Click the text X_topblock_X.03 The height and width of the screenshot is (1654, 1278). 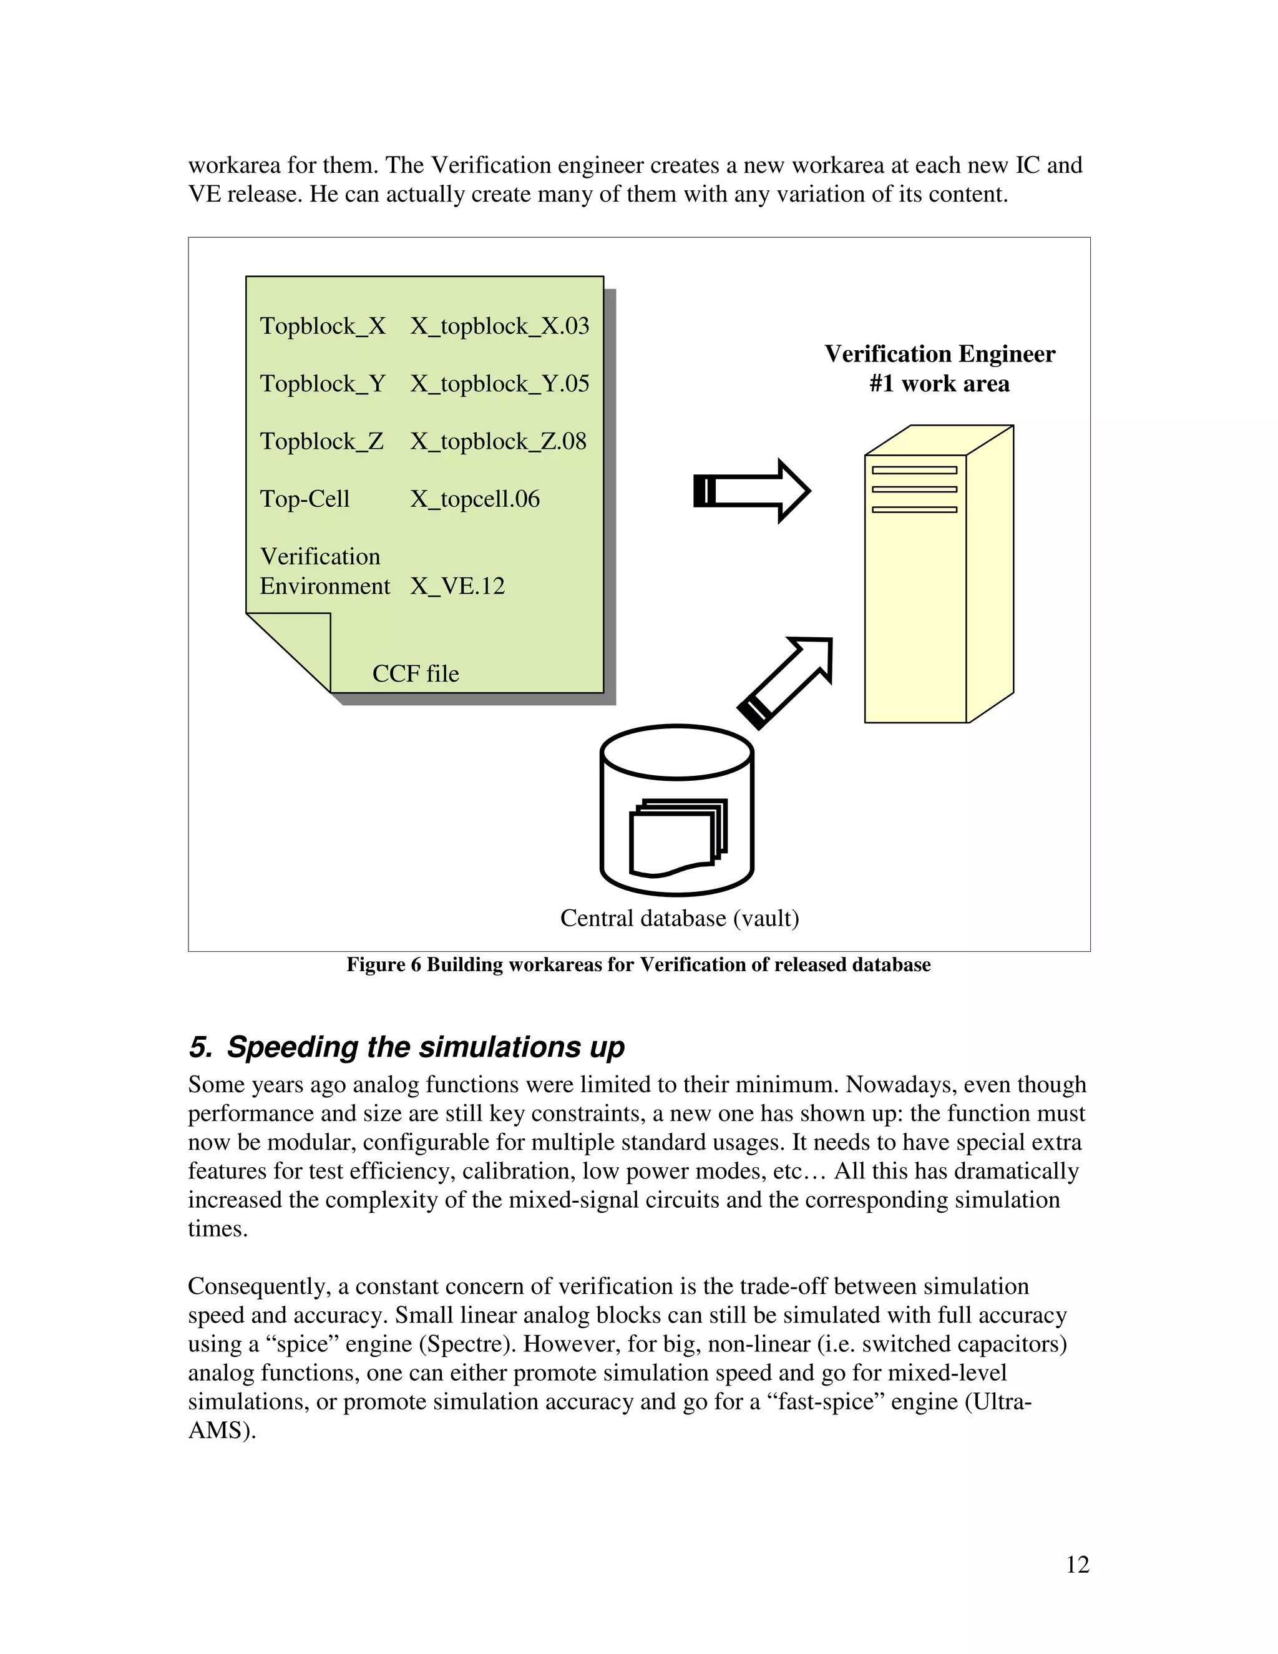click(x=500, y=326)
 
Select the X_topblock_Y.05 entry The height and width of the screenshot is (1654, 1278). click(x=500, y=384)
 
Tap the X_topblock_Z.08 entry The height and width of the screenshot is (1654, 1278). click(x=498, y=441)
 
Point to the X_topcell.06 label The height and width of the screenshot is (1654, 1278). click(x=475, y=499)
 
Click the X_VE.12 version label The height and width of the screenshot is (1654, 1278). click(x=457, y=586)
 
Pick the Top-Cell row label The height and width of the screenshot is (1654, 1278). click(x=305, y=499)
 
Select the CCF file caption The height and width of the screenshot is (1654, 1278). click(x=416, y=674)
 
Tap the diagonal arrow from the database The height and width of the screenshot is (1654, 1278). click(x=786, y=682)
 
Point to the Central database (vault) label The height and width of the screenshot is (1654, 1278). click(x=679, y=919)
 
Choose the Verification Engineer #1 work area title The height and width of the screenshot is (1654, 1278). click(x=939, y=369)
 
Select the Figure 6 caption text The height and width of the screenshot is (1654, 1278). click(x=638, y=965)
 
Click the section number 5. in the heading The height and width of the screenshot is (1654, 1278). click(x=201, y=1047)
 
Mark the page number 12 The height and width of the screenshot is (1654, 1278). click(x=1076, y=1565)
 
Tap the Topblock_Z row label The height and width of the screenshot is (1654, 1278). click(x=322, y=441)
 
